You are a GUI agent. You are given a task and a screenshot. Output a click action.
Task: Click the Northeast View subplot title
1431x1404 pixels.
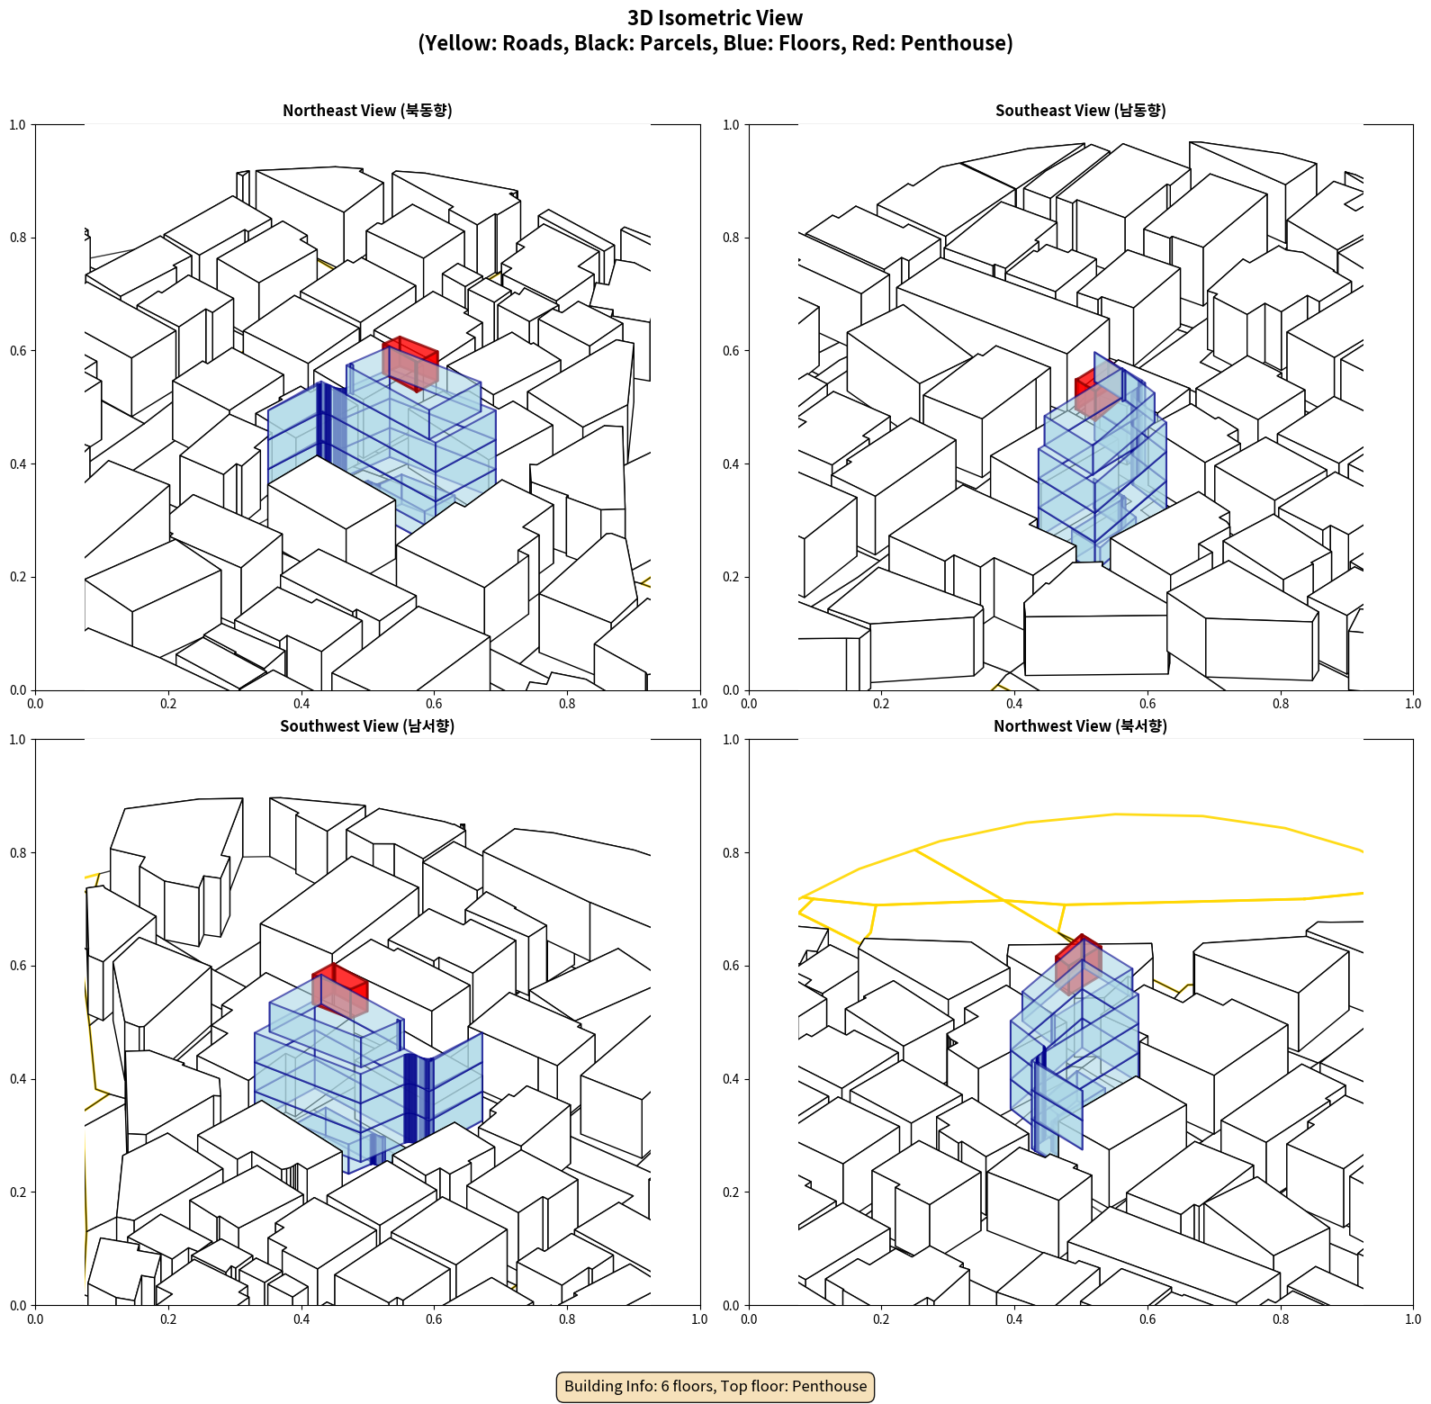tap(367, 111)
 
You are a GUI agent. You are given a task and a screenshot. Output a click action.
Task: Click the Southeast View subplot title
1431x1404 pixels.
tap(1080, 111)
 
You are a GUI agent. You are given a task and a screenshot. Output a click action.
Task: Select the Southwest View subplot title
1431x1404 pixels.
tap(367, 726)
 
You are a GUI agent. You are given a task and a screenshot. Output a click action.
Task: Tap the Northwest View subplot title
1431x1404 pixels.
tap(1080, 726)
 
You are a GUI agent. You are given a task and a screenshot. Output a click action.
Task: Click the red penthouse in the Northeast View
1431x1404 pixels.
tap(411, 362)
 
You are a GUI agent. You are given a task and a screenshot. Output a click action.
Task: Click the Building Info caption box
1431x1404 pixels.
tap(715, 1386)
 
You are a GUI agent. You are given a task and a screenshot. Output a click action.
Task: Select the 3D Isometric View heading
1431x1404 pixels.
tap(715, 18)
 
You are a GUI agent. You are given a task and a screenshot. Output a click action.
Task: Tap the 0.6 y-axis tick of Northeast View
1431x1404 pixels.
tap(18, 351)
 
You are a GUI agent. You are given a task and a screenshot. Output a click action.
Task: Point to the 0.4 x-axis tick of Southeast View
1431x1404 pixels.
tap(1014, 704)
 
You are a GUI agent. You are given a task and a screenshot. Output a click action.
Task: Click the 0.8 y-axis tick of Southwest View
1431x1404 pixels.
tap(18, 853)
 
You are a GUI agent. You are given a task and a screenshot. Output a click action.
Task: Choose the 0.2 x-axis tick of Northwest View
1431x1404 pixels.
tap(881, 1319)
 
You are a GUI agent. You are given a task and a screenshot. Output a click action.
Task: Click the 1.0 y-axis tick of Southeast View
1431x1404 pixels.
tap(731, 125)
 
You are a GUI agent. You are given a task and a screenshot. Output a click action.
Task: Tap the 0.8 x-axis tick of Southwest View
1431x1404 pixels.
tap(567, 1319)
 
